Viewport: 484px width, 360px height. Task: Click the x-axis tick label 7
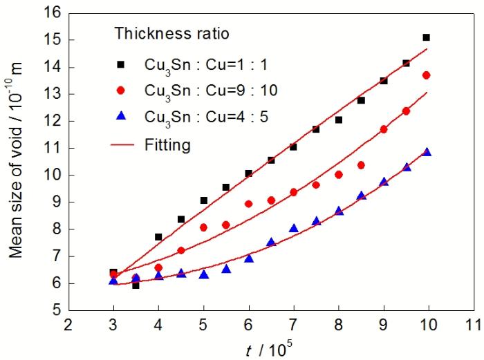[x=293, y=325]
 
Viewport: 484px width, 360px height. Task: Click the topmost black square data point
[x=426, y=37]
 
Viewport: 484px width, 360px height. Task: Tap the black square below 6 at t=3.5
[x=136, y=285]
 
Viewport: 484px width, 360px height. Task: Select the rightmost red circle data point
[x=427, y=75]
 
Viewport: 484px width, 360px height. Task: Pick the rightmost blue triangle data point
[x=427, y=152]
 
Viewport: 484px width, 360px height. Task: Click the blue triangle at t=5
[x=203, y=275]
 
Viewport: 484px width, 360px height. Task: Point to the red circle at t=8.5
[x=361, y=165]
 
